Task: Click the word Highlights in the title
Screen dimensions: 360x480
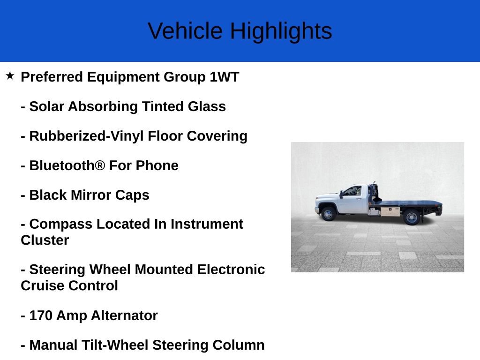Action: click(x=281, y=31)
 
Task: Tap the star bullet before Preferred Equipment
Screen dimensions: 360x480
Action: click(x=10, y=75)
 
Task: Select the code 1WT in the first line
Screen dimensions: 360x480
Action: click(x=225, y=77)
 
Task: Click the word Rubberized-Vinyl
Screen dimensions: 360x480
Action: click(x=87, y=136)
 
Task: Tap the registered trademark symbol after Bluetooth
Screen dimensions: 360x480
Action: click(x=100, y=165)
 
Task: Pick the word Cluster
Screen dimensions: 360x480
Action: click(x=45, y=240)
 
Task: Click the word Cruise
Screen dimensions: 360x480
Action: click(x=43, y=285)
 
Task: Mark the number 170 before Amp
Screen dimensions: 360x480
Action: click(x=41, y=315)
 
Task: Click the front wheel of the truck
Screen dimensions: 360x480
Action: click(x=328, y=214)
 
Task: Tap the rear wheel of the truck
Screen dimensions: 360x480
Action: click(x=412, y=217)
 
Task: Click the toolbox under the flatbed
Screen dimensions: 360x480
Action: click(x=390, y=212)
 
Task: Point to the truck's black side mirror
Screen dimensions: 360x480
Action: click(x=342, y=193)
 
